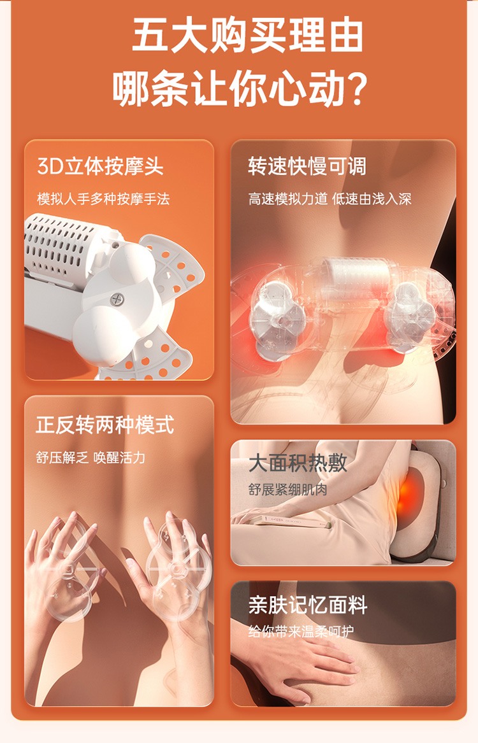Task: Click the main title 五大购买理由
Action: click(247, 36)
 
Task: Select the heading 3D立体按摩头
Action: click(100, 166)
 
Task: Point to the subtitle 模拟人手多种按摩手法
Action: click(103, 199)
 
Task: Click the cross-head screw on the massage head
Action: click(117, 299)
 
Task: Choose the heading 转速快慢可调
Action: click(307, 166)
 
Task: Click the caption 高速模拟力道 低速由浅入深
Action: click(330, 199)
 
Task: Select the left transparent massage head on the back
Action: click(275, 315)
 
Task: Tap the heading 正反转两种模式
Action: click(105, 425)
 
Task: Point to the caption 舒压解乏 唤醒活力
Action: click(91, 458)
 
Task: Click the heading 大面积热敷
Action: click(298, 463)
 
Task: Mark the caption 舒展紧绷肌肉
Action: click(288, 490)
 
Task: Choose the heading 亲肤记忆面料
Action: click(307, 605)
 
